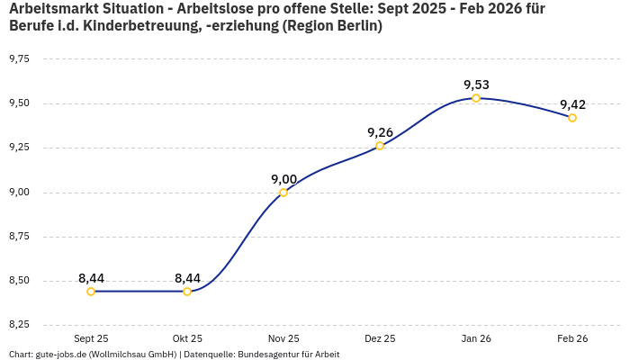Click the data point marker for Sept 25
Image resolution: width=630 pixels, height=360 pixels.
91,292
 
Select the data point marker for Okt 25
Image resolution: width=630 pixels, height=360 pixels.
187,292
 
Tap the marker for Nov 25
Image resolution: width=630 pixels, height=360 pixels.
283,193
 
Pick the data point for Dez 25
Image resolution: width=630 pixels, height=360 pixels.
380,146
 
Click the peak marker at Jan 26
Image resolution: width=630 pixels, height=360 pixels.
476,98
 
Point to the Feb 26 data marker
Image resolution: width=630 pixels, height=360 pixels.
572,118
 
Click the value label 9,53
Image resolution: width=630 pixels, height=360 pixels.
476,85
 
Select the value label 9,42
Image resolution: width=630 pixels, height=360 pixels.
572,104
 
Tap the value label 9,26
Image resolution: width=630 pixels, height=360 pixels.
380,132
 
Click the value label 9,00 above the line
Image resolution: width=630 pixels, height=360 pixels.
283,179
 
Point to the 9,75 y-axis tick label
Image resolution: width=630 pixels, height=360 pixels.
18,58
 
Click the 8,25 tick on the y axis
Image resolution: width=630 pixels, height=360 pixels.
18,324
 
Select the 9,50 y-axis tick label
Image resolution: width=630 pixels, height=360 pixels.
18,103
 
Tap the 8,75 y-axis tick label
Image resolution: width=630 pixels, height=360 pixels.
18,237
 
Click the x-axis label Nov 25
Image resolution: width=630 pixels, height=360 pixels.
283,338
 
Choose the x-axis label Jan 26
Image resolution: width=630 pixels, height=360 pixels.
476,338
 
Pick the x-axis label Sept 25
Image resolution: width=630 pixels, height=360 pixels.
91,338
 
